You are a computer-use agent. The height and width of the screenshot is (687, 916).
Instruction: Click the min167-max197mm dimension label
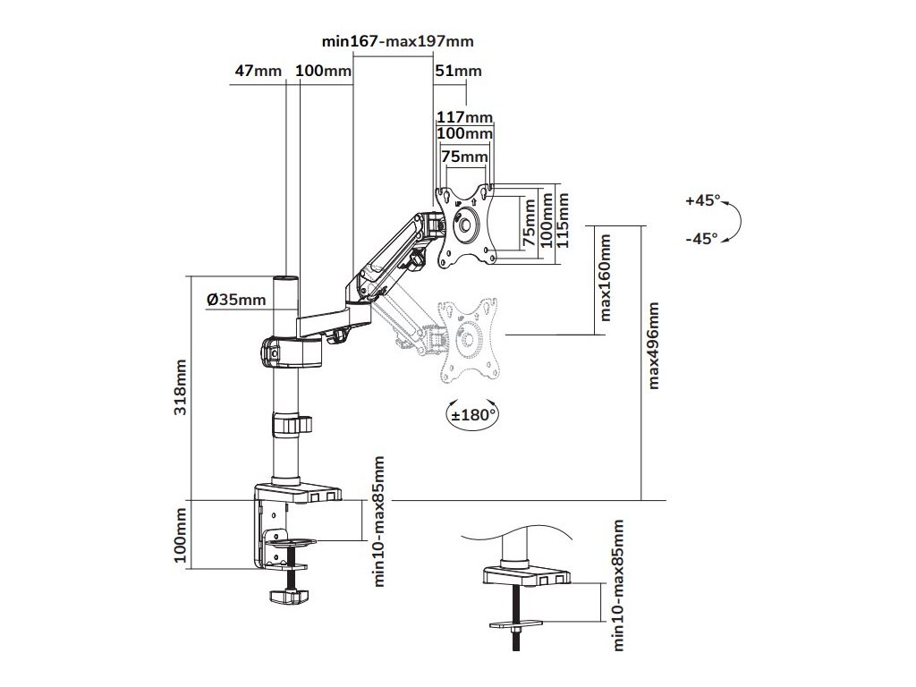pyautogui.click(x=397, y=41)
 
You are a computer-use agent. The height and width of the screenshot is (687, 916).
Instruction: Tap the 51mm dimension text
pyautogui.click(x=458, y=72)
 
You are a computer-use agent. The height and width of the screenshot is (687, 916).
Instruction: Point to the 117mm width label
pyautogui.click(x=465, y=117)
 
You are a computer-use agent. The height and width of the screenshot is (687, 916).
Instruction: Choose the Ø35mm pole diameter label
pyautogui.click(x=237, y=300)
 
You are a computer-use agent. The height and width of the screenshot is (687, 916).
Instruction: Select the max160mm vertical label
pyautogui.click(x=606, y=278)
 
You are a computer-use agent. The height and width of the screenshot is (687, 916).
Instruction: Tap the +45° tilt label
pyautogui.click(x=702, y=200)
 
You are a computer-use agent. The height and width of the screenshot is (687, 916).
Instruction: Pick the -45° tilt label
pyautogui.click(x=702, y=238)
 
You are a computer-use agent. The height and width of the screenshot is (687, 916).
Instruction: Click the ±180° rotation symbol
pyautogui.click(x=471, y=414)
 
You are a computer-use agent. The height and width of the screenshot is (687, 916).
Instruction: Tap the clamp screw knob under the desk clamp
pyautogui.click(x=289, y=596)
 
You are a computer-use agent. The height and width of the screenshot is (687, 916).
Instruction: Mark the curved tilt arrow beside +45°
pyautogui.click(x=734, y=220)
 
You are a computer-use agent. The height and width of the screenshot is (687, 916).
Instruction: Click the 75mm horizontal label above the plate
pyautogui.click(x=465, y=156)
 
